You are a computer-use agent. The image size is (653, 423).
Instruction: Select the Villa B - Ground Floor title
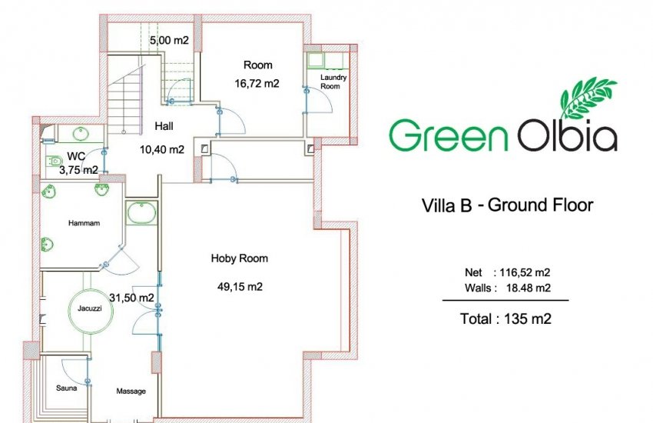[508, 205]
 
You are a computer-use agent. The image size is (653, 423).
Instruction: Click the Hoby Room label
[239, 258]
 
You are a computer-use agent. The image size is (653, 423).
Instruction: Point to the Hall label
[164, 126]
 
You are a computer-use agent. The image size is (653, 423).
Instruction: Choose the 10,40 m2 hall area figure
[161, 150]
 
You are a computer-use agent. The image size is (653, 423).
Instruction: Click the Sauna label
[66, 388]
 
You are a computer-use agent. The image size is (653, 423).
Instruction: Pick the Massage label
[131, 391]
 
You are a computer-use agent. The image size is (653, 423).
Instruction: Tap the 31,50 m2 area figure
[133, 298]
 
